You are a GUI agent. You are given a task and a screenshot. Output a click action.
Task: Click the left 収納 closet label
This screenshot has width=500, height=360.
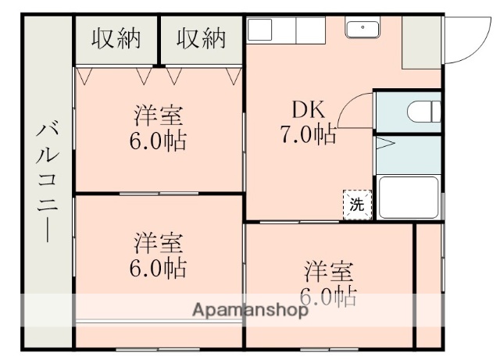pos(116,38)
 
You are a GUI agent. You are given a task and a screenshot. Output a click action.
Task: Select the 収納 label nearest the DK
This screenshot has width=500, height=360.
pos(201,38)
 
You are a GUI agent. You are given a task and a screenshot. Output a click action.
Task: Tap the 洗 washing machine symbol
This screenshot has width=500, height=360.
pos(356,205)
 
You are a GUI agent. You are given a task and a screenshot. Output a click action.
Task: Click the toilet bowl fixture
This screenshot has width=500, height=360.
pos(423,112)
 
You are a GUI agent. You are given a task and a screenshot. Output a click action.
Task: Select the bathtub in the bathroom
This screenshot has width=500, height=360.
pos(408,198)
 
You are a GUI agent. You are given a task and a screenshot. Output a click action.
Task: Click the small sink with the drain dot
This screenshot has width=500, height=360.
pos(362,29)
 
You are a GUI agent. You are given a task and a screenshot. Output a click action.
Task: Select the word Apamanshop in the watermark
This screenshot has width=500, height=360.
pos(250,310)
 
